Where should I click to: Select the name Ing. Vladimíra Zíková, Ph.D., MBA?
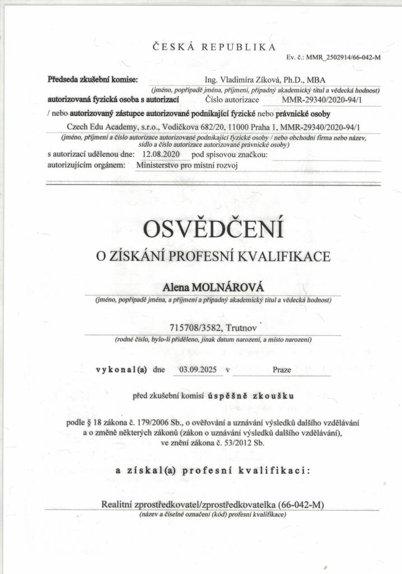pyautogui.click(x=265, y=80)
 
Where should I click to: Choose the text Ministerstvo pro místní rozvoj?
pyautogui.click(x=187, y=165)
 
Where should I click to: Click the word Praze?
pyautogui.click(x=282, y=370)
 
